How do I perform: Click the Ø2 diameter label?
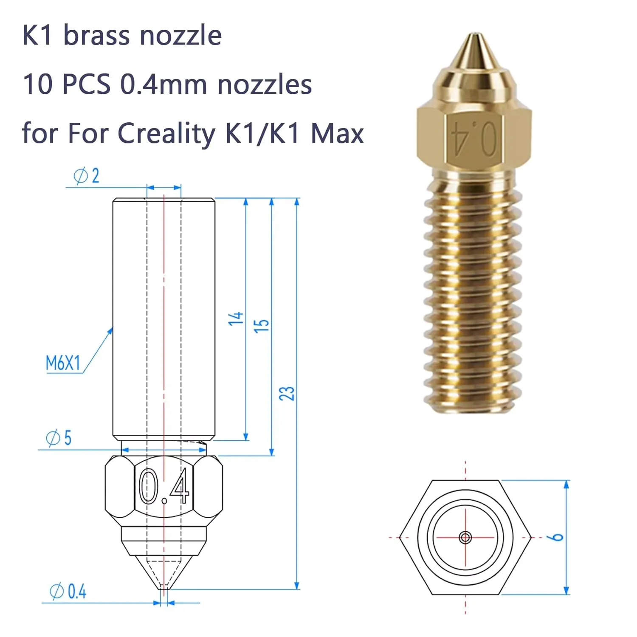(x=86, y=176)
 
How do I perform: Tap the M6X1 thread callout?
(x=63, y=364)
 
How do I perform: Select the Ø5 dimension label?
(x=59, y=438)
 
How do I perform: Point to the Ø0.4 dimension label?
(x=68, y=592)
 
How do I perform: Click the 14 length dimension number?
(x=236, y=318)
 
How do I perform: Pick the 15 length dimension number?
(x=261, y=326)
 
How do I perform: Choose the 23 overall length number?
(x=287, y=394)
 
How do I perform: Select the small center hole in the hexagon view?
(x=465, y=538)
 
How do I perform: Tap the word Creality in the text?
(x=166, y=133)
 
